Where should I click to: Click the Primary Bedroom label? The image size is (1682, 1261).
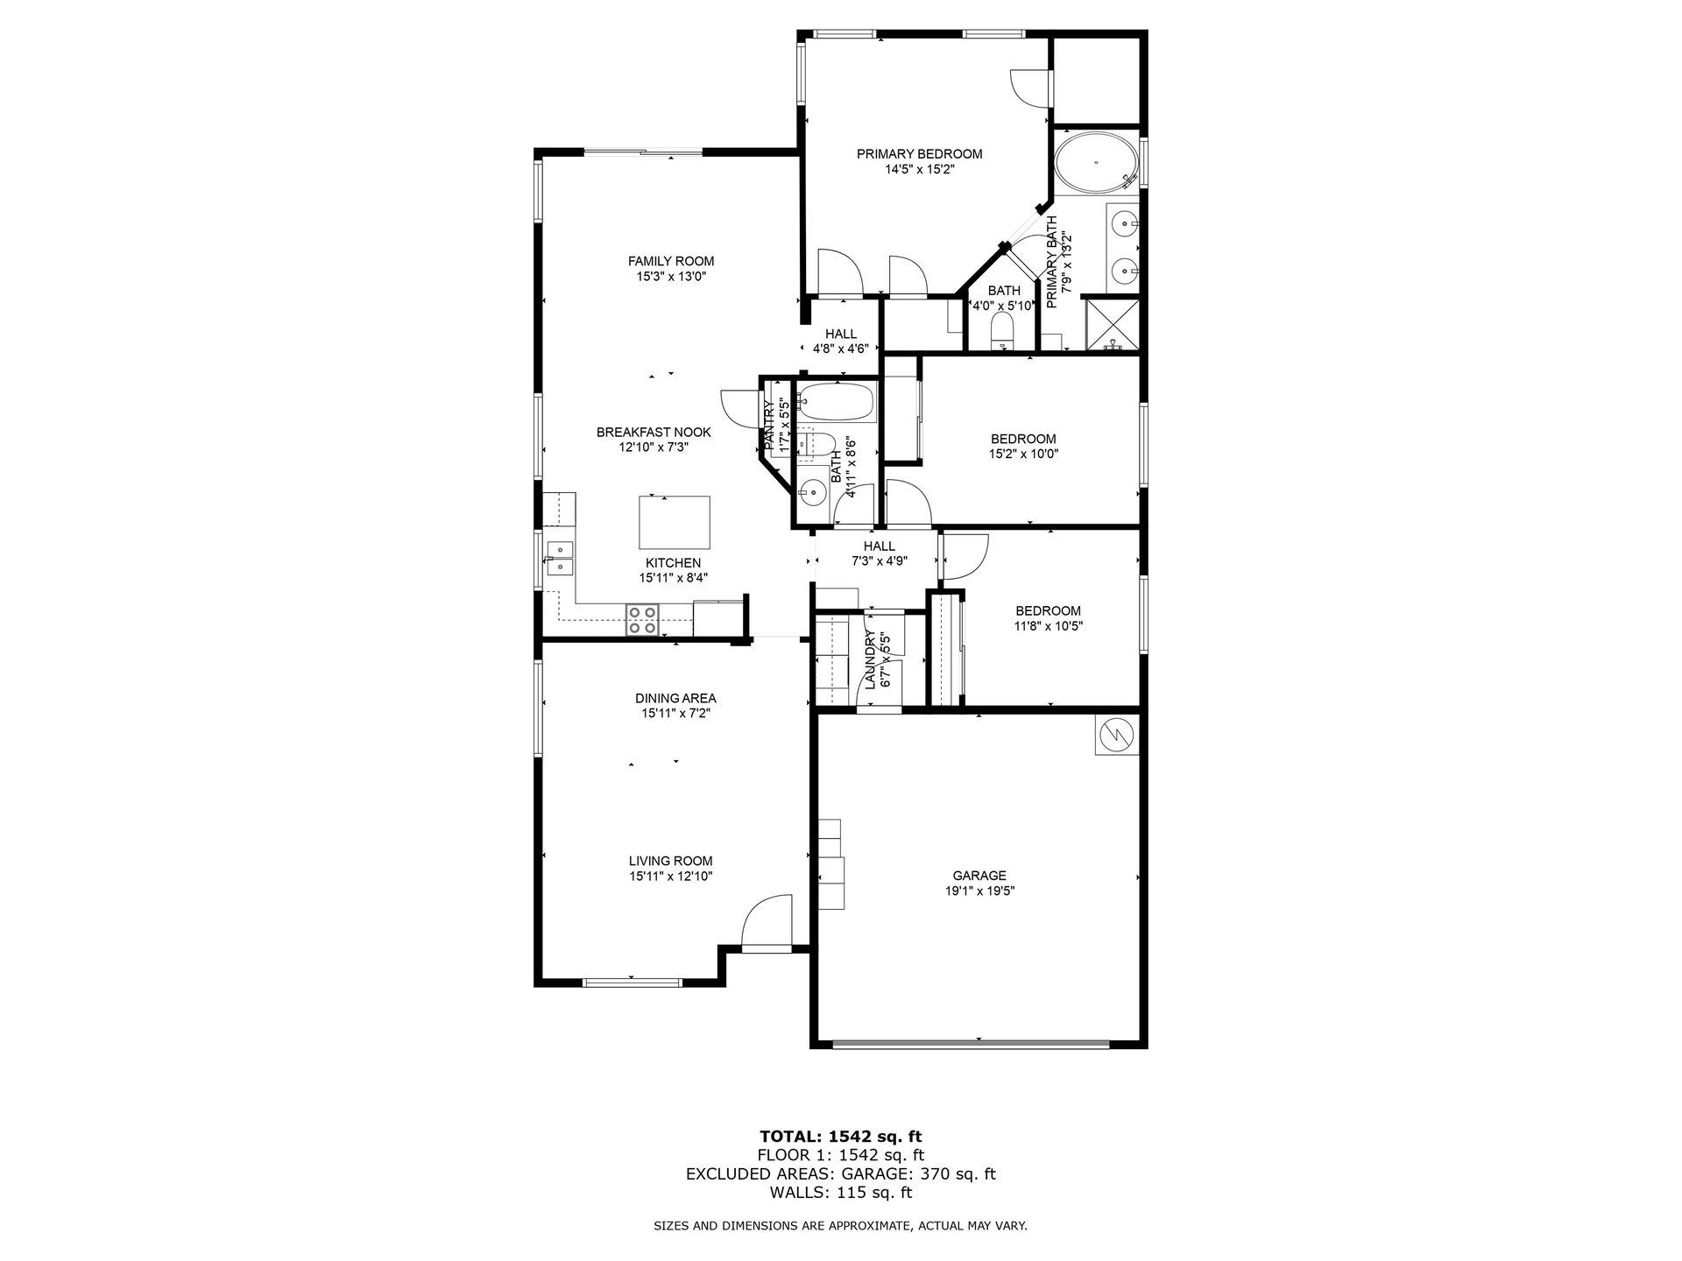click(x=919, y=154)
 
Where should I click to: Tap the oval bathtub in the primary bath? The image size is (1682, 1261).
click(x=1096, y=163)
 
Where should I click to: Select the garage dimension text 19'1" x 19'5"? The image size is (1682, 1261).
click(x=979, y=891)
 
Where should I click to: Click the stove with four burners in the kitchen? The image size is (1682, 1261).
click(x=641, y=619)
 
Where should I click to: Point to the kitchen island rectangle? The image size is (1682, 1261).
click(x=674, y=521)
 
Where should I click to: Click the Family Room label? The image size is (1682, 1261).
click(x=670, y=261)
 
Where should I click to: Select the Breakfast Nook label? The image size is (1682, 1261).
click(x=654, y=432)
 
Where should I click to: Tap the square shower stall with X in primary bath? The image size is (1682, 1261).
click(x=1113, y=325)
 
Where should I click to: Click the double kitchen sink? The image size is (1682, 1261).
click(x=559, y=558)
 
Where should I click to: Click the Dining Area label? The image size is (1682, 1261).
click(x=675, y=698)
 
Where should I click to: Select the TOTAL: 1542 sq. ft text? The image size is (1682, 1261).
click(x=840, y=1137)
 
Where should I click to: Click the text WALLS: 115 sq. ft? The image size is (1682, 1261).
click(x=840, y=1193)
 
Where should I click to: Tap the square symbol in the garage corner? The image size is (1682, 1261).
click(x=1116, y=735)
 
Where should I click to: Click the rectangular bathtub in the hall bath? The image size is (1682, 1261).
click(x=837, y=401)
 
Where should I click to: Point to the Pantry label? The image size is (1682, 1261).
click(x=768, y=426)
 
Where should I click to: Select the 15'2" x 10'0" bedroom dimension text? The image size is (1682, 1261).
click(x=1023, y=454)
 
